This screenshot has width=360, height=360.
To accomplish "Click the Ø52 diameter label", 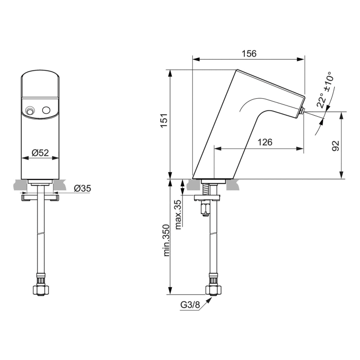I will click(x=40, y=153).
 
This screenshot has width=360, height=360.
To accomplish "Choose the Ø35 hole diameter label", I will click(x=82, y=188).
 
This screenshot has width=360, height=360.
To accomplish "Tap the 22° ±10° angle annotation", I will click(x=324, y=91).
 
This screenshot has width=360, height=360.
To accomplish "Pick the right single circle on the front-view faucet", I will click(x=47, y=111).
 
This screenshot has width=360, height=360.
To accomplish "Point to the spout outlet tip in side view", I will click(x=302, y=111).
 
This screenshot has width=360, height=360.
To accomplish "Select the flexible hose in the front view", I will click(x=40, y=242).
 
